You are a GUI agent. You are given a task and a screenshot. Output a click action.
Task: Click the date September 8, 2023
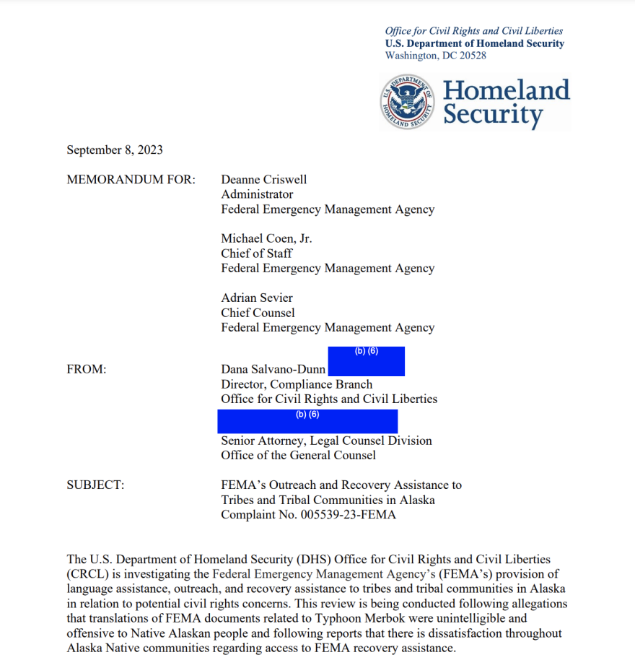[x=115, y=150]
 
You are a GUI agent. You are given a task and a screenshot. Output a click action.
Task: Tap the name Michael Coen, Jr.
[x=266, y=239]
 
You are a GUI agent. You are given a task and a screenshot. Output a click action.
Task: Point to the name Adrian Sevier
[x=257, y=298]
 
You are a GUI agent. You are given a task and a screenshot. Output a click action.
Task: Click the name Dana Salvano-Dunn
[x=273, y=369]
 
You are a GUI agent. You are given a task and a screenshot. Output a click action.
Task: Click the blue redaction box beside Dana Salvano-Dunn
[x=366, y=361]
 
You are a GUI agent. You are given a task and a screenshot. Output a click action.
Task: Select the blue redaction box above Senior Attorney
[x=307, y=421]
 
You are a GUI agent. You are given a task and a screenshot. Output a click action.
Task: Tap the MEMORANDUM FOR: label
[x=131, y=180]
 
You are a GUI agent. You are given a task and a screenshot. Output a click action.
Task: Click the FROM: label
[x=87, y=369]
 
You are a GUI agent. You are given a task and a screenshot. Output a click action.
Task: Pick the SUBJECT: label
[x=95, y=485]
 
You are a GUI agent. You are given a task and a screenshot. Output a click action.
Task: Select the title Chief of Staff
[x=257, y=253]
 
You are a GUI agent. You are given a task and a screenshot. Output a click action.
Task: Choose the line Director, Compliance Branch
[x=297, y=384]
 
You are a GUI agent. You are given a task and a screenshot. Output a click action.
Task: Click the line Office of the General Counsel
[x=298, y=455]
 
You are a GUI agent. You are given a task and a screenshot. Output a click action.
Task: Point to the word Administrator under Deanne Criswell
[x=257, y=194]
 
